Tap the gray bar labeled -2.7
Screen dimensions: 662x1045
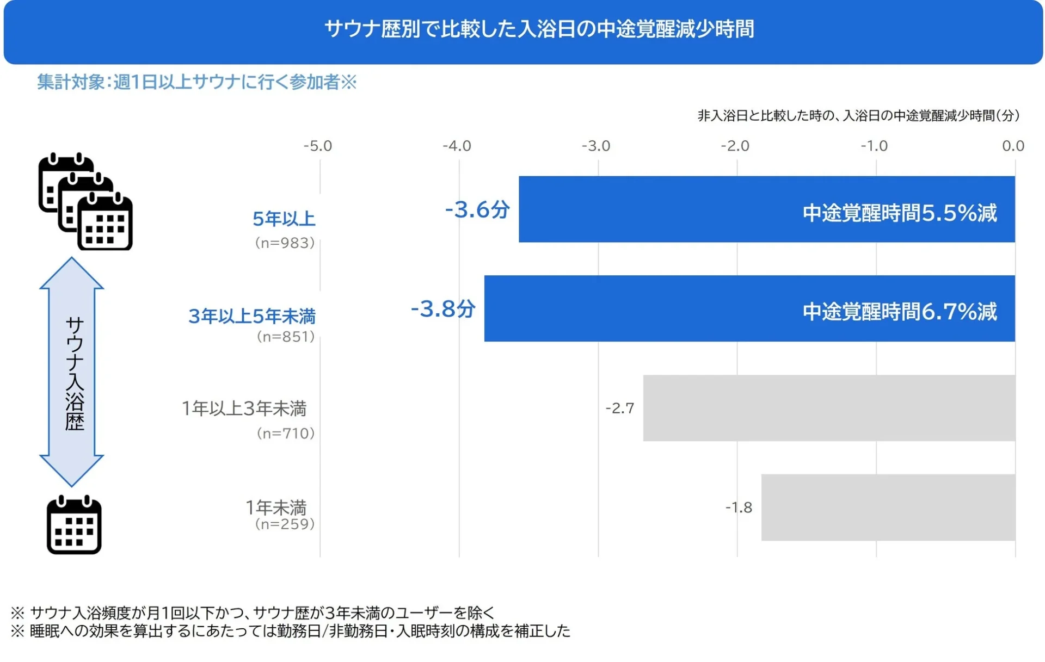[828, 408]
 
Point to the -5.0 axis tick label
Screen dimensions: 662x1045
[317, 146]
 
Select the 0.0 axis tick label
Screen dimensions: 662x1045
[1013, 146]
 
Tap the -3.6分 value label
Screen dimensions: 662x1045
[477, 209]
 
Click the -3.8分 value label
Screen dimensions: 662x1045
[443, 309]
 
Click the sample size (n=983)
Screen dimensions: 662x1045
[285, 243]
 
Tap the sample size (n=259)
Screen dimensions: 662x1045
[285, 524]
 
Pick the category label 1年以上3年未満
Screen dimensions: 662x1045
[244, 408]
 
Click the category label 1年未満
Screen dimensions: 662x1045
[276, 507]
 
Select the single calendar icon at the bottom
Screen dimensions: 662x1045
[74, 525]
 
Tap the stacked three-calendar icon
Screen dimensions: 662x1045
[85, 202]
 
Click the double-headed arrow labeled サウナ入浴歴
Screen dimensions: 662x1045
[72, 372]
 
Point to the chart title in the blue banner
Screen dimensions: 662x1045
[539, 29]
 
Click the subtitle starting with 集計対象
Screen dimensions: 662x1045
[196, 82]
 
